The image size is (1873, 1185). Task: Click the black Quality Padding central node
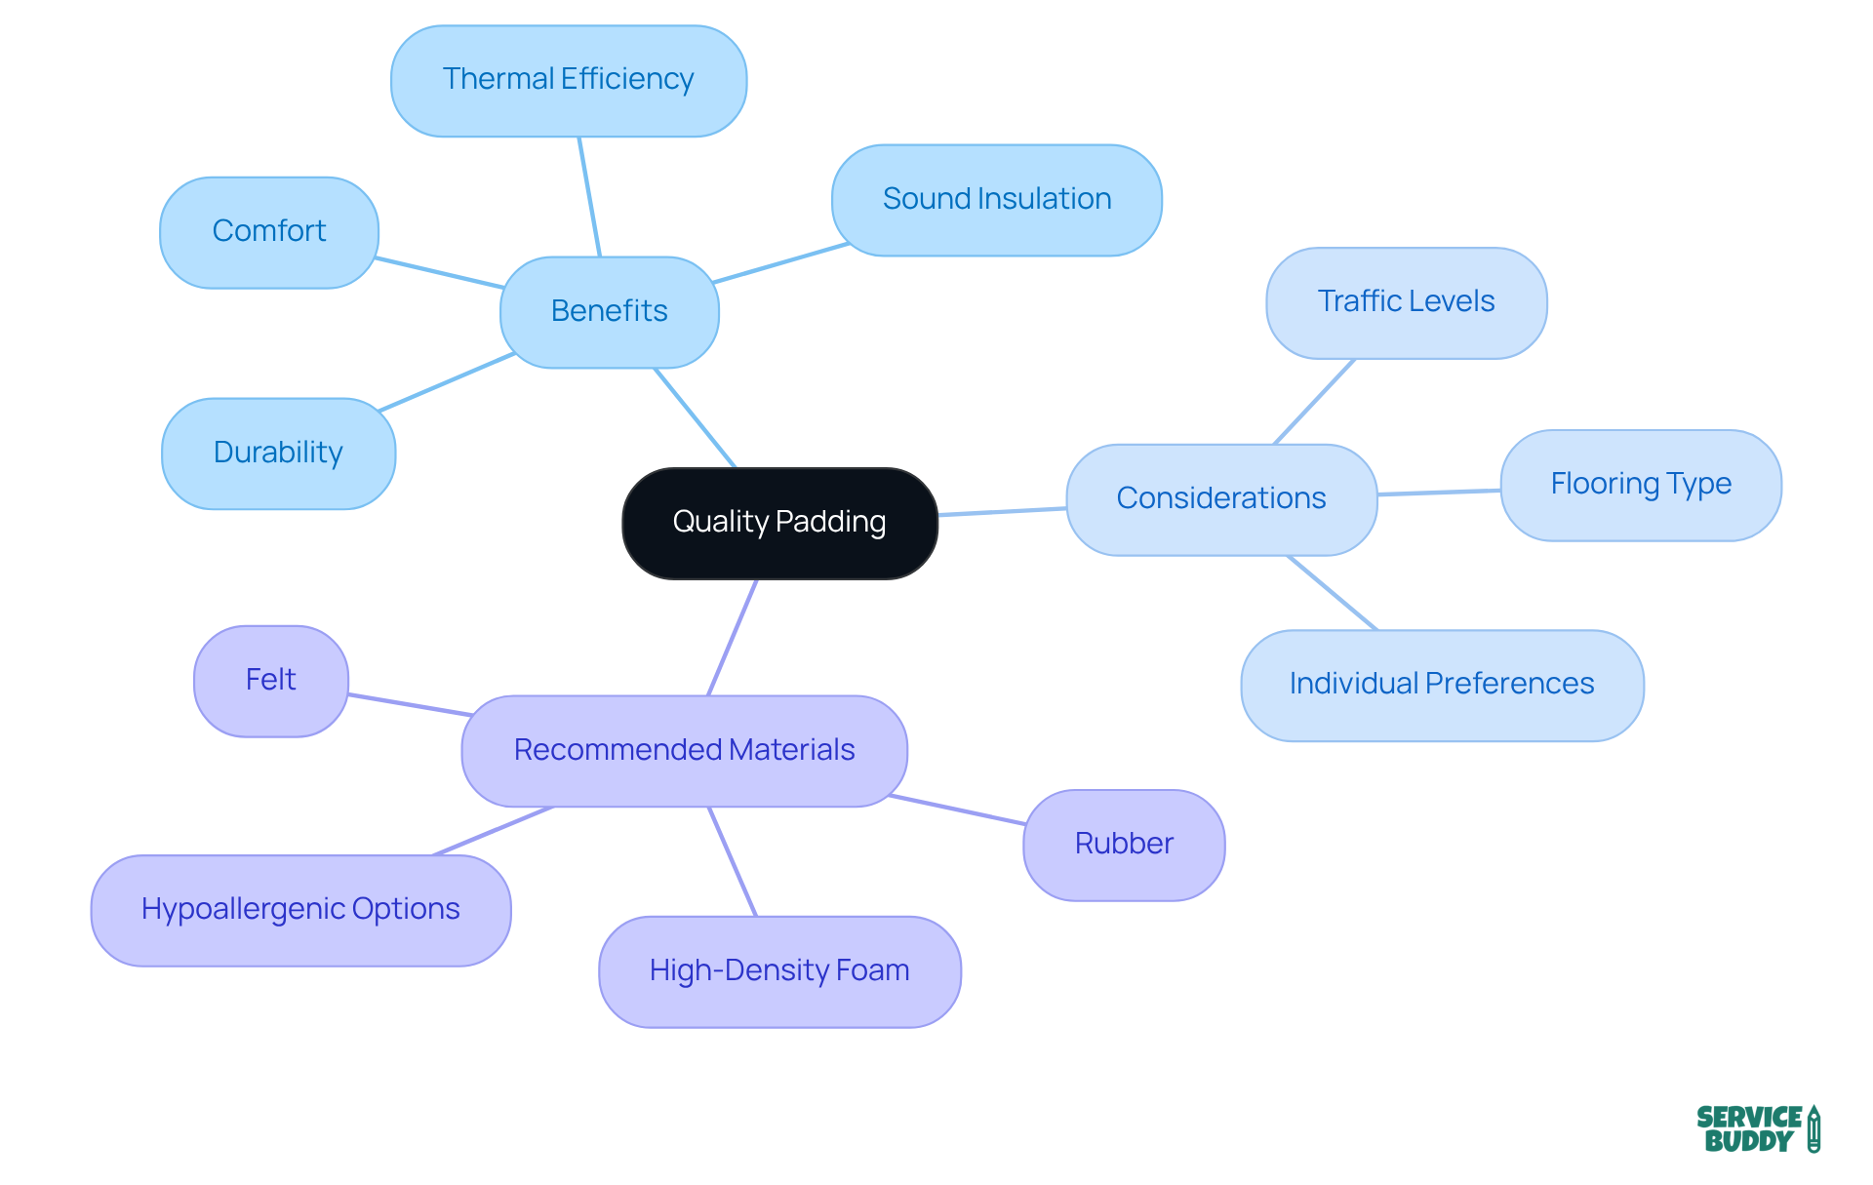(x=779, y=523)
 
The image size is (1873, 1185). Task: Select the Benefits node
(x=609, y=311)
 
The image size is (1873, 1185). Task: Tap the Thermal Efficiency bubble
(x=568, y=80)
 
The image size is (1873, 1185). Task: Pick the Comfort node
(x=268, y=232)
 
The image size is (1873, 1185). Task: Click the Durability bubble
(x=278, y=453)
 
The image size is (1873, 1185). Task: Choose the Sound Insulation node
(x=996, y=200)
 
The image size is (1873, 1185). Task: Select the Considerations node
(x=1220, y=499)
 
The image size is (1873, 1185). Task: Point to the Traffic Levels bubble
(x=1406, y=302)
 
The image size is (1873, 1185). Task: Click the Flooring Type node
(x=1640, y=485)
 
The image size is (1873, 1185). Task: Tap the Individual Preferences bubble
(x=1441, y=685)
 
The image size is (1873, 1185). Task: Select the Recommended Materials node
(x=684, y=750)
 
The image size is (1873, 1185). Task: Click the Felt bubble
(x=270, y=681)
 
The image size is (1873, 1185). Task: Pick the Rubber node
(x=1123, y=845)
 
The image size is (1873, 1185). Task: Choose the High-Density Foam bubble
(x=778, y=971)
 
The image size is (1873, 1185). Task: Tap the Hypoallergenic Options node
(x=300, y=910)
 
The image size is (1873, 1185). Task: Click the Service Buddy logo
(x=1757, y=1128)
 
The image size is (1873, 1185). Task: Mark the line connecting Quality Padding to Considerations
(x=1002, y=511)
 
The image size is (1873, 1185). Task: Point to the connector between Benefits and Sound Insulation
(x=780, y=263)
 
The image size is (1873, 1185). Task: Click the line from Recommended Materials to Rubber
(x=956, y=810)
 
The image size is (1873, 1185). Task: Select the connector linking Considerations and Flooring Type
(x=1439, y=493)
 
